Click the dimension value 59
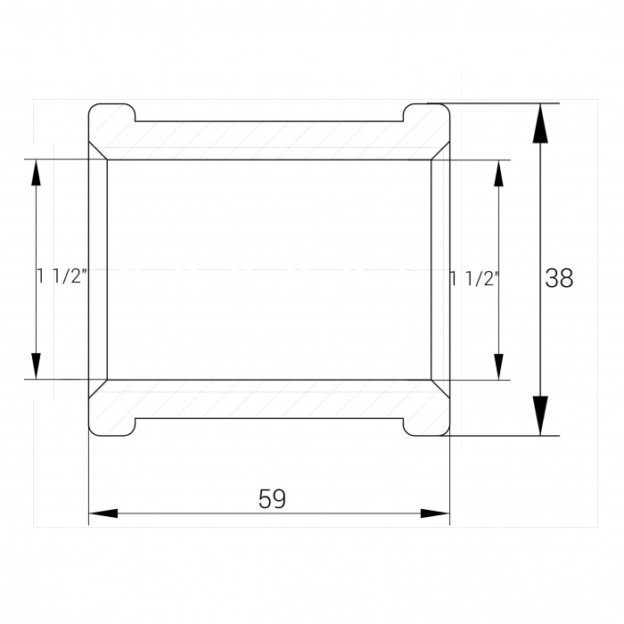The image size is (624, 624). point(272,498)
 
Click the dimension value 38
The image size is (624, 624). point(559,278)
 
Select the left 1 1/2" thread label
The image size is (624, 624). point(62,275)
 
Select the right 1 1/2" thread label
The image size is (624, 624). point(474,278)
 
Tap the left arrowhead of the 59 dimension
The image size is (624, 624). point(103,513)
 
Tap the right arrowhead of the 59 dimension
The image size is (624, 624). point(435,513)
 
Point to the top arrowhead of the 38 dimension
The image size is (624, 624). point(540,123)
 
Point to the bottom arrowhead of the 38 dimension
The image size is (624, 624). point(540,415)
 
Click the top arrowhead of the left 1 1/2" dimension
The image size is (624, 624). point(37,173)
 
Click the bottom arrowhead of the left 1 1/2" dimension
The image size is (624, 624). point(37,366)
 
